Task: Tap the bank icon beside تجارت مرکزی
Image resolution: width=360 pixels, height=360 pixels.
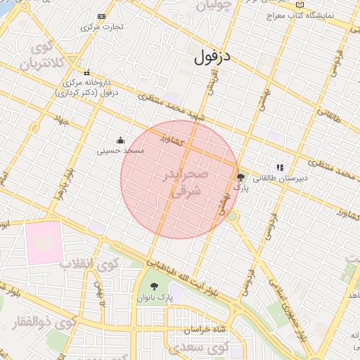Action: (x=102, y=16)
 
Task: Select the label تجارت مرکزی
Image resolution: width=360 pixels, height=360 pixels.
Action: (x=102, y=27)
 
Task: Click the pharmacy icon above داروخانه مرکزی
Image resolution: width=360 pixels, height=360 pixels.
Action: (x=87, y=72)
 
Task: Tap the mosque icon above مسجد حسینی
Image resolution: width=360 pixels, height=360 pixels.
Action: (x=120, y=139)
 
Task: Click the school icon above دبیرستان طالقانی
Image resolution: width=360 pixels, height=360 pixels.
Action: (x=280, y=168)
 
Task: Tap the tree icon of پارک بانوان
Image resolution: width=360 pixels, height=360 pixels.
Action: (x=155, y=286)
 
